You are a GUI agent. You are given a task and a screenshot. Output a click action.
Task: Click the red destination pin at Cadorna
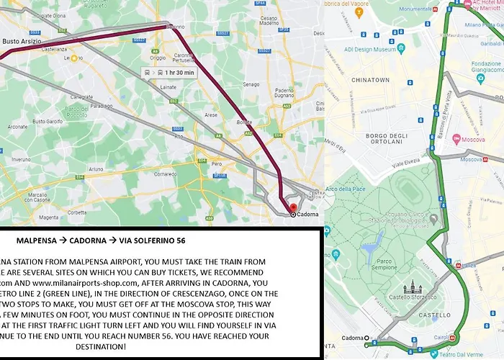(x=293, y=208)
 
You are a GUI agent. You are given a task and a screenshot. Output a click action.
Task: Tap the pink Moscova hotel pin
(x=456, y=136)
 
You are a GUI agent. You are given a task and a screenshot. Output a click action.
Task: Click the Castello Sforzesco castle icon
(x=411, y=288)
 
